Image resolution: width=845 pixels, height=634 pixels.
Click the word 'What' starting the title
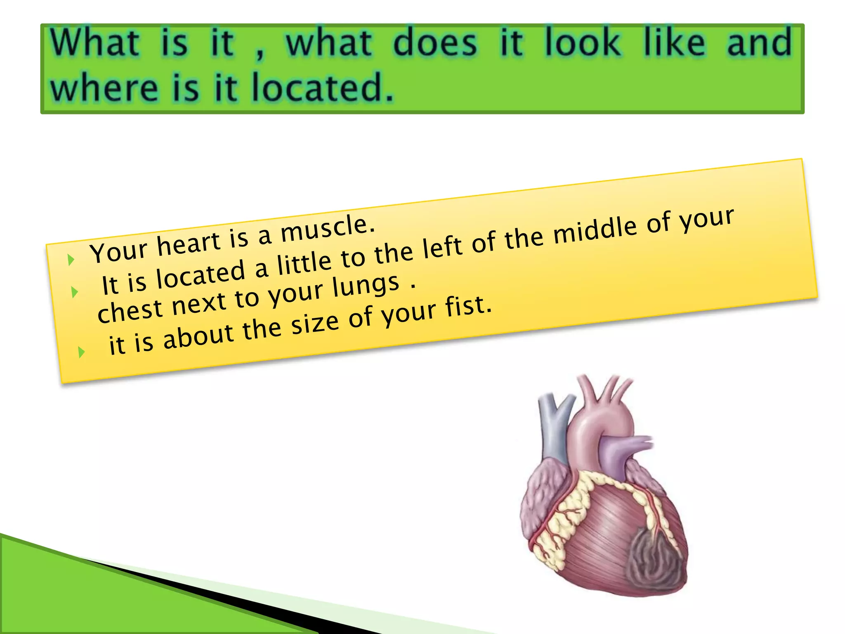[x=95, y=43]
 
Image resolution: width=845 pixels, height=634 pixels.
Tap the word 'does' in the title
[x=435, y=43]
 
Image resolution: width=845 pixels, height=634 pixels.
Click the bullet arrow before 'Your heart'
[x=71, y=260]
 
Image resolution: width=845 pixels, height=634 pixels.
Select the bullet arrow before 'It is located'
[x=75, y=292]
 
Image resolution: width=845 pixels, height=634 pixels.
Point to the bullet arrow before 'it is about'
[x=81, y=352]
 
